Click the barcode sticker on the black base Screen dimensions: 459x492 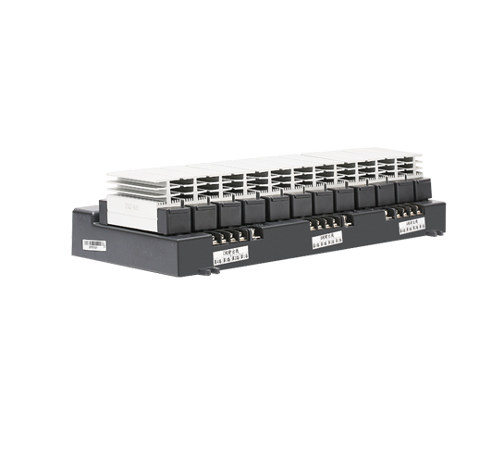coord(94,245)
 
